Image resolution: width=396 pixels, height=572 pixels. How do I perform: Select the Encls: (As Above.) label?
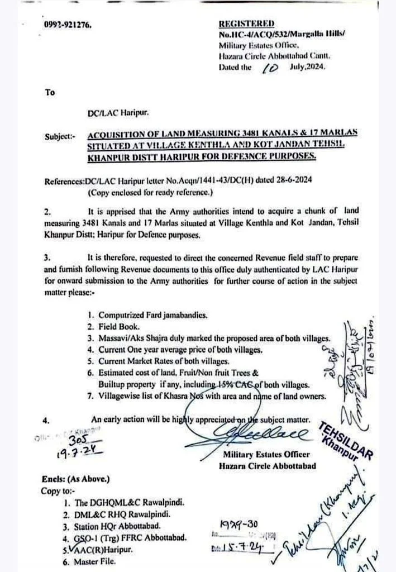pyautogui.click(x=76, y=480)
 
